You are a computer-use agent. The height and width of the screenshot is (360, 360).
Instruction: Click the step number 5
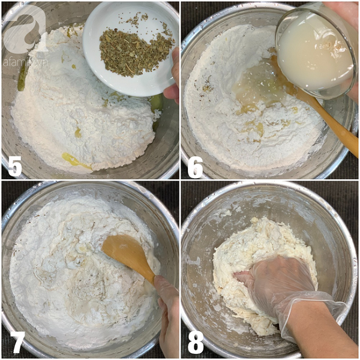[14, 166]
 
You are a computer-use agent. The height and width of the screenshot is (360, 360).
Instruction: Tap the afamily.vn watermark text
[25, 62]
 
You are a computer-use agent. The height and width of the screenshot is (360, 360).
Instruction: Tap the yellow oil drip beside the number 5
[76, 160]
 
